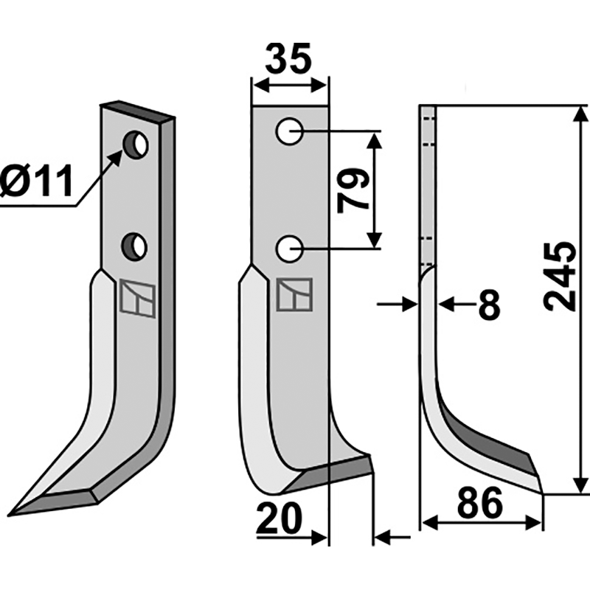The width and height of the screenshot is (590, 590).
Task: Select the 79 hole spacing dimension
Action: (353, 190)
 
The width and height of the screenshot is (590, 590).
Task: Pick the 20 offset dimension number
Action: (280, 521)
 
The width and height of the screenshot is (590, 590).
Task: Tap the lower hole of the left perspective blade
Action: (135, 245)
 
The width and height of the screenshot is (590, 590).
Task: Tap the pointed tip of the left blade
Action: (13, 512)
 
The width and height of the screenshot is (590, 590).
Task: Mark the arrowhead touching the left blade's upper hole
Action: (119, 155)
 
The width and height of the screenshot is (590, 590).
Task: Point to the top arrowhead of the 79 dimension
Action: (375, 139)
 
